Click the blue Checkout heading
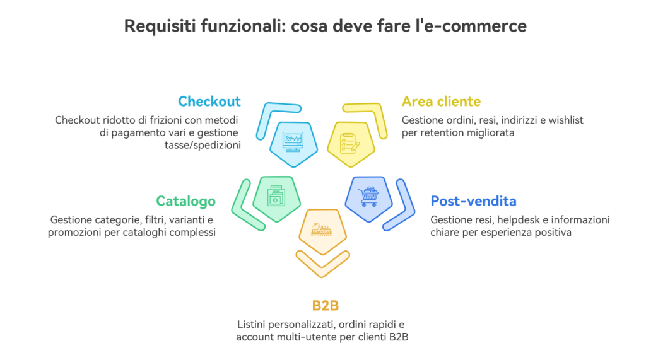pos(209,102)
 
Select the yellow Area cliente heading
pos(441,102)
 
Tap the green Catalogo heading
pos(185,201)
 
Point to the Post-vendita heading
pos(473,201)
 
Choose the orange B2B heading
pos(326,306)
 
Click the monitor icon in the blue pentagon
pos(293,141)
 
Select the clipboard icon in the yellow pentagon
pos(349,142)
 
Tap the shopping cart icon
pos(368,197)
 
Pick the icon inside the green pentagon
pos(276,195)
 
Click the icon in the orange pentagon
pos(322,231)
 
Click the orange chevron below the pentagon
pos(322,264)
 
